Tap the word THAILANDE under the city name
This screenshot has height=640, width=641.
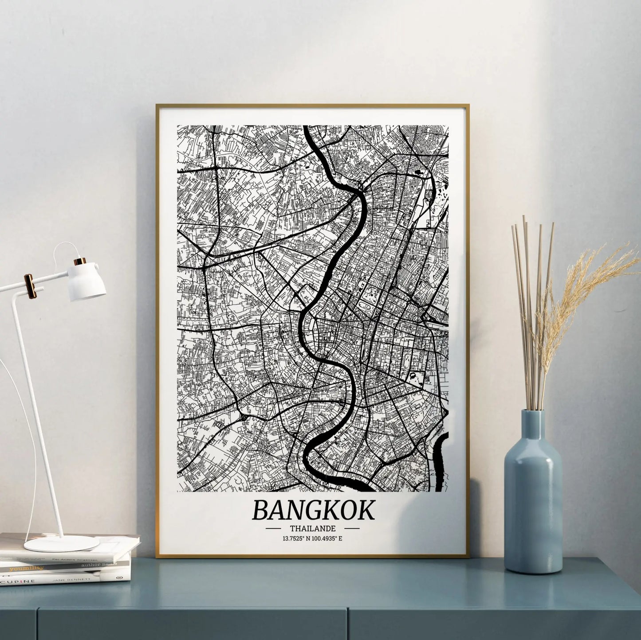pos(312,529)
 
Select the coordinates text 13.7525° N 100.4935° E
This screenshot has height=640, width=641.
pos(312,539)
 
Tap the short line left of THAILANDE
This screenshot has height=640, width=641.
pos(272,529)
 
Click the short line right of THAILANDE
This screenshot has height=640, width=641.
pos(352,528)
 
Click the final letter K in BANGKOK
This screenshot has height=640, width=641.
pos(366,510)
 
